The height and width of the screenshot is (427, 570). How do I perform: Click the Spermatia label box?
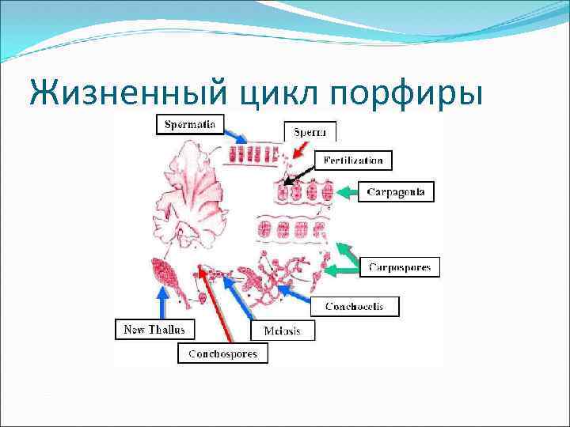click(x=190, y=124)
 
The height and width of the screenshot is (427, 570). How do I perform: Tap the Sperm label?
click(x=310, y=132)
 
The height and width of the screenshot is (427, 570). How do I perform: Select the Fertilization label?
click(x=353, y=161)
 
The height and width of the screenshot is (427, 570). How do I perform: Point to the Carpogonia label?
click(x=401, y=191)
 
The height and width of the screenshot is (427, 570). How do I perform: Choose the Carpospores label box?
click(x=400, y=267)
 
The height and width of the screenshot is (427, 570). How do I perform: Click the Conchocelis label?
click(x=362, y=306)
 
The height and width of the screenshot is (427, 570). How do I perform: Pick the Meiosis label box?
click(x=282, y=331)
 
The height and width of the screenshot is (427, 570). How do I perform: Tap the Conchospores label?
click(x=222, y=353)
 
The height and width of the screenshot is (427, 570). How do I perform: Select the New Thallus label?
click(x=154, y=328)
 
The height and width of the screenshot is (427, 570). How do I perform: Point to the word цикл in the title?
click(x=278, y=93)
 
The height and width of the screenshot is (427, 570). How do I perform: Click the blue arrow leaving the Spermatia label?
click(x=236, y=130)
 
